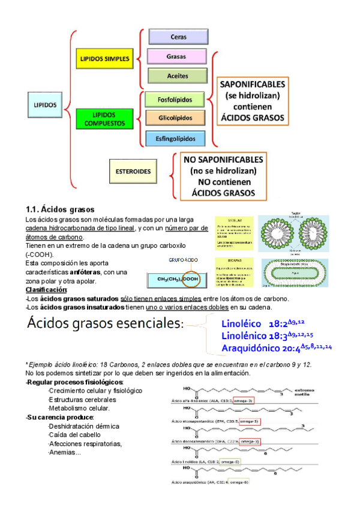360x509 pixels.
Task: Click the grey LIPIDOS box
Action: [x=46, y=104]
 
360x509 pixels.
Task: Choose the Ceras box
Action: [x=178, y=37]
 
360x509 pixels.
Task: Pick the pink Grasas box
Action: [x=178, y=56]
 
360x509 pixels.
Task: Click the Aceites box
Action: [x=178, y=76]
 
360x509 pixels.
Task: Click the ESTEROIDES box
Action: [x=133, y=170]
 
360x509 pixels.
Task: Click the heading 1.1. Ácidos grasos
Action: [x=60, y=209]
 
